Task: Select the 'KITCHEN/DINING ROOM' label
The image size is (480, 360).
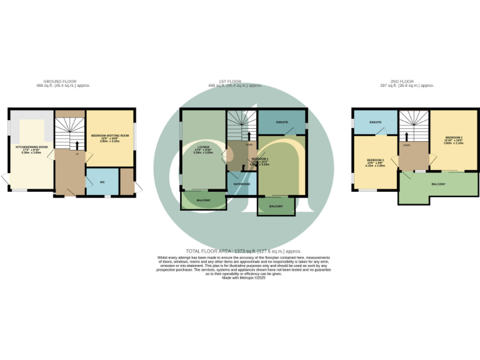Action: [x=31, y=147]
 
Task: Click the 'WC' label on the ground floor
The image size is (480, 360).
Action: [x=101, y=182]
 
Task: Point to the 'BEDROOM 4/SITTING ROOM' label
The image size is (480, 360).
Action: [x=110, y=135]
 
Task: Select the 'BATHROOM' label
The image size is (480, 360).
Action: [x=242, y=184]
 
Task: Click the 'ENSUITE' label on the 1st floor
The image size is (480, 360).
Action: [x=282, y=122]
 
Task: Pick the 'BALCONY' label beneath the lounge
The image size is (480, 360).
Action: [x=203, y=200]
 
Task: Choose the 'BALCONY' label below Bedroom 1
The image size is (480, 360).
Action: [x=276, y=206]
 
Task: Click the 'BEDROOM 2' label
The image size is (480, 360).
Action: [x=454, y=137]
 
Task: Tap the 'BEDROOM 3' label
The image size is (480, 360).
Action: [x=375, y=161]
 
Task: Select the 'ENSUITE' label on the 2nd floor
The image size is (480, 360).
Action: [x=376, y=121]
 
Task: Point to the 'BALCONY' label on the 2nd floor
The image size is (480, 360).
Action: [x=438, y=184]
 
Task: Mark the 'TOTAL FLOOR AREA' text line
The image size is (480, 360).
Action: [x=240, y=250]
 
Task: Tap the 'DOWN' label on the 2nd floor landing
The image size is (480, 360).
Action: [x=407, y=144]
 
